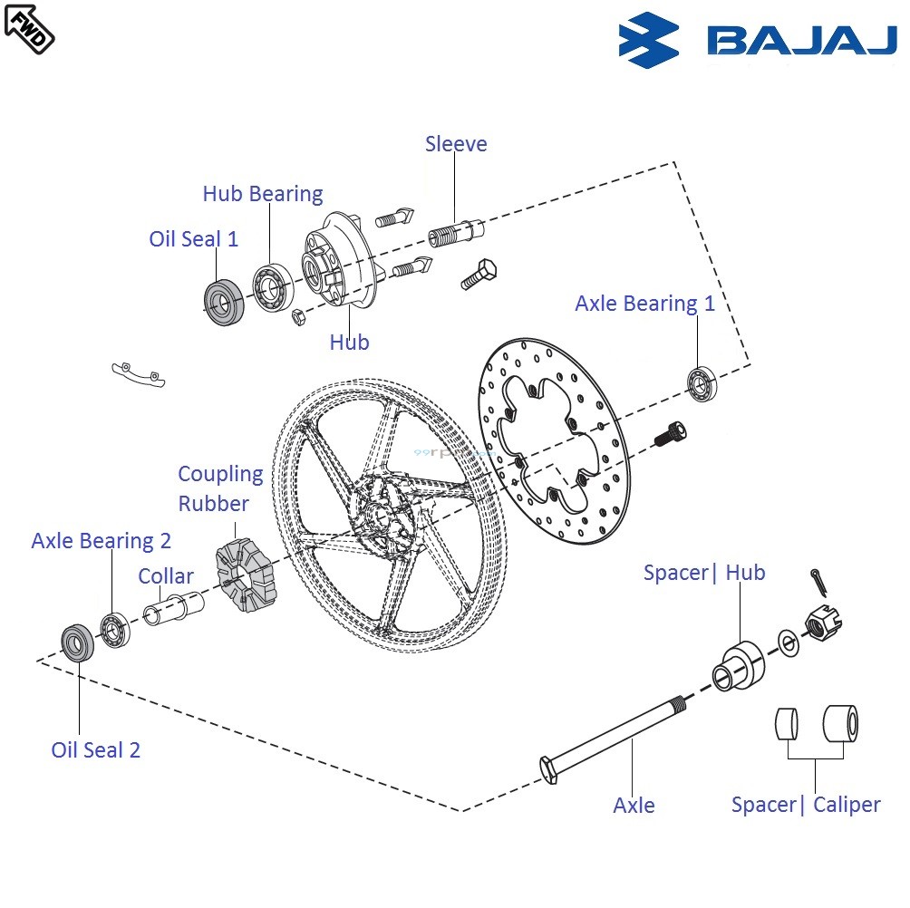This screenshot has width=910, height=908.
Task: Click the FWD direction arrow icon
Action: [29, 26]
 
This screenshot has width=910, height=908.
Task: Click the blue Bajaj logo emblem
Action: [648, 41]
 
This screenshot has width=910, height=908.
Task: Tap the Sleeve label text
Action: [456, 144]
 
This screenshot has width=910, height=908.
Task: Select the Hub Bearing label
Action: [262, 194]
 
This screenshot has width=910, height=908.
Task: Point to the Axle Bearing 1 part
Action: [701, 383]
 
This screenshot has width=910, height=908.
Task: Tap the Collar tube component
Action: [173, 605]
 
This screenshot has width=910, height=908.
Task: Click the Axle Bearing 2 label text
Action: [101, 541]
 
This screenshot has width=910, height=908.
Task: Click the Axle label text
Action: [634, 806]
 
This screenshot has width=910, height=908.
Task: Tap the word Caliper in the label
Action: [847, 805]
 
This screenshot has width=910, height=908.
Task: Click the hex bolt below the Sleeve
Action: [477, 273]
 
